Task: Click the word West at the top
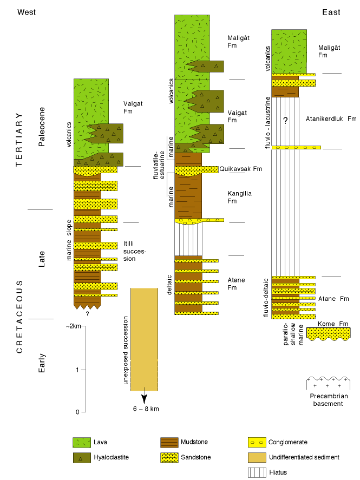pyautogui.click(x=27, y=12)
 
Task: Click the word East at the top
pyautogui.click(x=331, y=12)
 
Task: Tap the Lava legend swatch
pyautogui.click(x=82, y=443)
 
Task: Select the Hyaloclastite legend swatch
pyautogui.click(x=82, y=458)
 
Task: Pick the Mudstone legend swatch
pyautogui.click(x=169, y=443)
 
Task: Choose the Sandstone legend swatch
pyautogui.click(x=169, y=458)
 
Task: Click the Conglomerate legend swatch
pyautogui.click(x=257, y=443)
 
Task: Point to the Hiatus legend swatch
pyautogui.click(x=257, y=472)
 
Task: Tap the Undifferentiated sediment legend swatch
pyautogui.click(x=257, y=458)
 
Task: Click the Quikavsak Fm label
pyautogui.click(x=240, y=169)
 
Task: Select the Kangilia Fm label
pyautogui.click(x=239, y=197)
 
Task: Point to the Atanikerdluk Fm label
pyautogui.click(x=331, y=119)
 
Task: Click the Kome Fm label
pyautogui.click(x=333, y=324)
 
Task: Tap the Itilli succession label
pyautogui.click(x=135, y=251)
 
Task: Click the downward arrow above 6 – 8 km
pyautogui.click(x=144, y=395)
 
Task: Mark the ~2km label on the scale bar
pyautogui.click(x=73, y=326)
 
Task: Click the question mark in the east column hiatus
pyautogui.click(x=285, y=120)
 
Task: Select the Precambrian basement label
pyautogui.click(x=329, y=400)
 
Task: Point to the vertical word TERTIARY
pyautogui.click(x=19, y=140)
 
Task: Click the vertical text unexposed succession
pyautogui.click(x=125, y=351)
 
